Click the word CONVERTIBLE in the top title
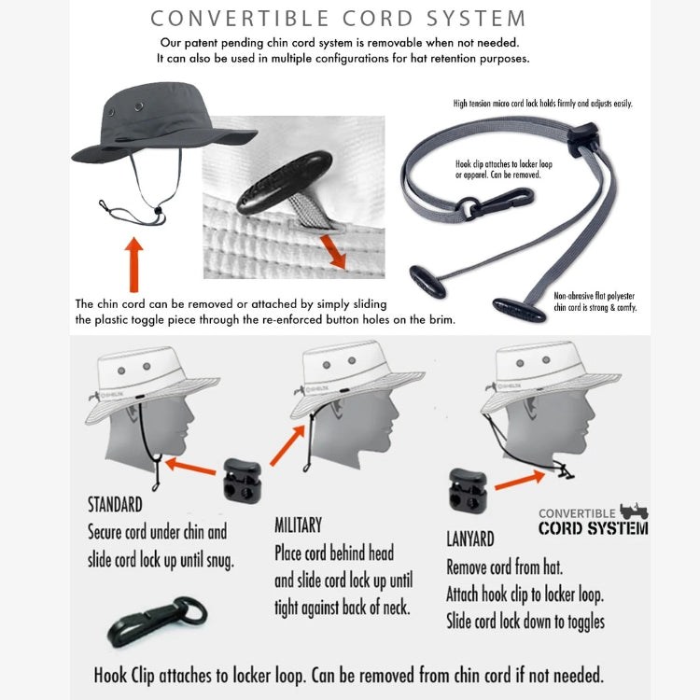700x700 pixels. click(239, 19)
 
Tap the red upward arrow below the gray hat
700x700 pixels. click(133, 265)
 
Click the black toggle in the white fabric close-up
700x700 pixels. click(285, 182)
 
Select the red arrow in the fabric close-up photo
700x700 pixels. click(333, 252)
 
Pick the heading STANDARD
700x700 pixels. click(115, 505)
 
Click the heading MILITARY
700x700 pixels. click(299, 525)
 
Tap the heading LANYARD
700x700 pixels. click(470, 539)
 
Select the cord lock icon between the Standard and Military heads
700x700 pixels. click(242, 481)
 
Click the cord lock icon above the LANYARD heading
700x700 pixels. click(468, 490)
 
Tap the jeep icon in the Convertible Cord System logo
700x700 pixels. click(634, 511)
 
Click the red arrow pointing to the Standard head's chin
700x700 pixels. click(190, 466)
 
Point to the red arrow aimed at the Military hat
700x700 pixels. click(287, 445)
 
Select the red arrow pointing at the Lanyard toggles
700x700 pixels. click(520, 481)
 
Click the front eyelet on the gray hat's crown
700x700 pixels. click(139, 106)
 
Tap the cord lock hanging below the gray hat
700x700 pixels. click(158, 210)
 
